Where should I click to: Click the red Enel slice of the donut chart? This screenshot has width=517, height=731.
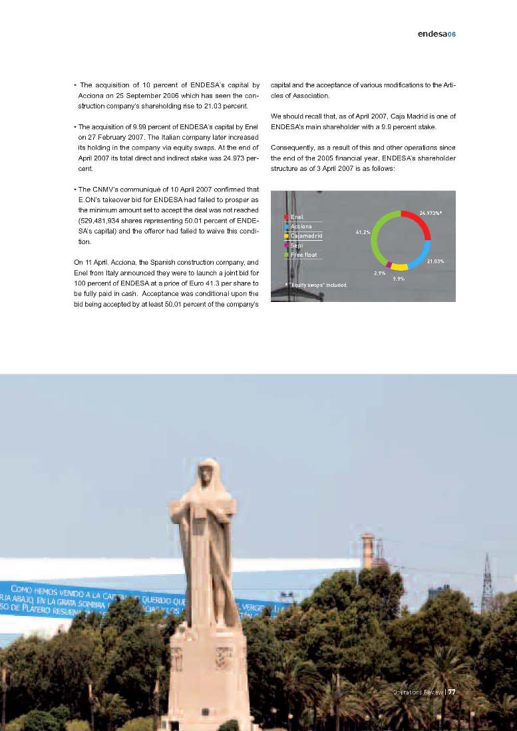click(x=421, y=220)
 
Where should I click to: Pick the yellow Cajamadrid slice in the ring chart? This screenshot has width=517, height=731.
click(x=399, y=267)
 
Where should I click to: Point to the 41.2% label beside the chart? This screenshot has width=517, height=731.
click(x=363, y=232)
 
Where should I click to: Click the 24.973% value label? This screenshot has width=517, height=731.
click(x=431, y=212)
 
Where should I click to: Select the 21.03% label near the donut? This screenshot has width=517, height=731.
click(x=435, y=261)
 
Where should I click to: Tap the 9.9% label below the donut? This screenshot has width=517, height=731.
click(x=399, y=278)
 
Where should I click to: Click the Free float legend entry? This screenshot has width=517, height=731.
click(x=303, y=254)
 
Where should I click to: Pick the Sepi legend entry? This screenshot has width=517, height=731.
click(x=296, y=245)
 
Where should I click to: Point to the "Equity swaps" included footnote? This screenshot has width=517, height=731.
click(x=317, y=285)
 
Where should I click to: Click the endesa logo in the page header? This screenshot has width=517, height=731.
click(x=432, y=34)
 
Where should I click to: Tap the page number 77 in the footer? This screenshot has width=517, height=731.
click(x=451, y=691)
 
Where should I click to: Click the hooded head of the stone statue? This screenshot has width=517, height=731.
click(x=208, y=472)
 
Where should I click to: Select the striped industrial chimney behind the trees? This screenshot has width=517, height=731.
click(x=368, y=551)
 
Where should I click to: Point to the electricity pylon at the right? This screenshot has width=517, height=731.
click(x=486, y=575)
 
